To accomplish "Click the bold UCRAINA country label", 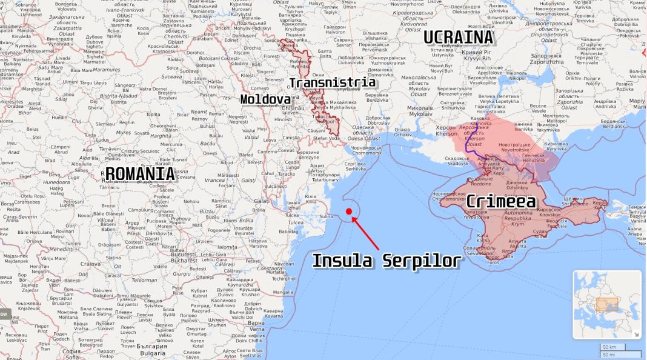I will pyautogui.click(x=459, y=38).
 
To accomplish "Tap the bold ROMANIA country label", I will pyautogui.click(x=139, y=175).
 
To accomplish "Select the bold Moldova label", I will pyautogui.click(x=265, y=99).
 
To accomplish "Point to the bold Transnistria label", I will pyautogui.click(x=333, y=82).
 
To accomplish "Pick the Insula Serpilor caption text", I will pyautogui.click(x=386, y=261).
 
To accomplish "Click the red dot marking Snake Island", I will pyautogui.click(x=349, y=211).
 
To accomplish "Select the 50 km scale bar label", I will pyautogui.click(x=608, y=347).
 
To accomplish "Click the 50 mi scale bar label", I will pyautogui.click(x=608, y=354).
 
